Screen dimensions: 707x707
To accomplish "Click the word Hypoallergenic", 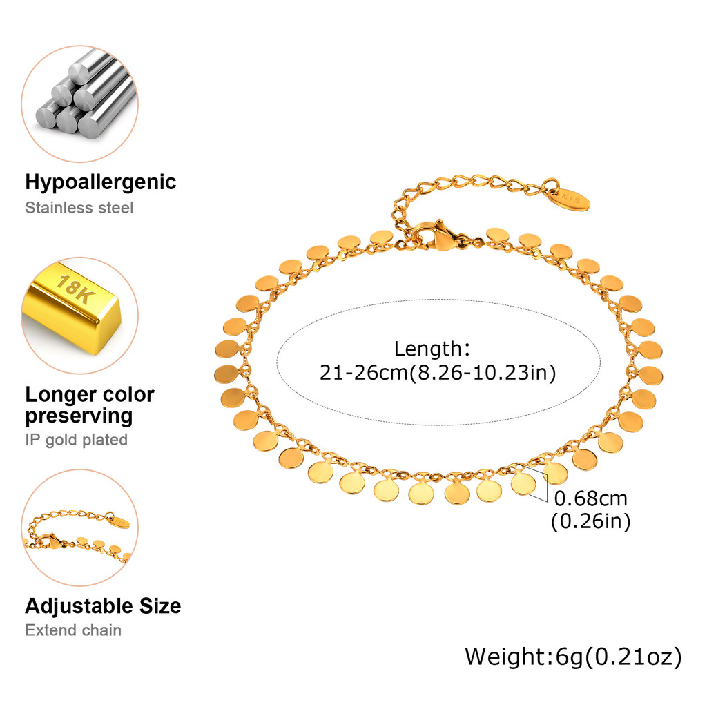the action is tap(101, 182).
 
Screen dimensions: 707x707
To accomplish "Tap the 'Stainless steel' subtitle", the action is tap(79, 208).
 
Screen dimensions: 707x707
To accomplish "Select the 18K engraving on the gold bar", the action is tap(75, 289).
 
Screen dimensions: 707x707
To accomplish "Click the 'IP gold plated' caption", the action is tap(76, 440).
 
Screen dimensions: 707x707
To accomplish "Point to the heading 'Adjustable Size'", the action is tap(104, 606).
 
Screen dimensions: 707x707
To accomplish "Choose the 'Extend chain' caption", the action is tap(73, 630).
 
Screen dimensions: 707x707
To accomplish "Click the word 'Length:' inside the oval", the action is tap(432, 349).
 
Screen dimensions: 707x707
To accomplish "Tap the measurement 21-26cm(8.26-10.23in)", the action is tap(438, 373).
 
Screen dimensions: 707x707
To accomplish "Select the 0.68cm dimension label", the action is tap(591, 498).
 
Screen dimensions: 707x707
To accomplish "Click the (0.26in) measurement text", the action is tap(591, 521).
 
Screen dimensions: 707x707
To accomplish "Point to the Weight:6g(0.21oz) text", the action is tap(574, 657).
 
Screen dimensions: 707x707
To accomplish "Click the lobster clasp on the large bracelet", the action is tap(440, 236).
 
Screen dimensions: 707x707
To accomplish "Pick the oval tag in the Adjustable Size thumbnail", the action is tap(119, 522).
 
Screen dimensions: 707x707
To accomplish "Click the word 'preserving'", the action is tap(79, 416).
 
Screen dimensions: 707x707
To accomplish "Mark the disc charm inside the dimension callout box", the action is tap(523, 483).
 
